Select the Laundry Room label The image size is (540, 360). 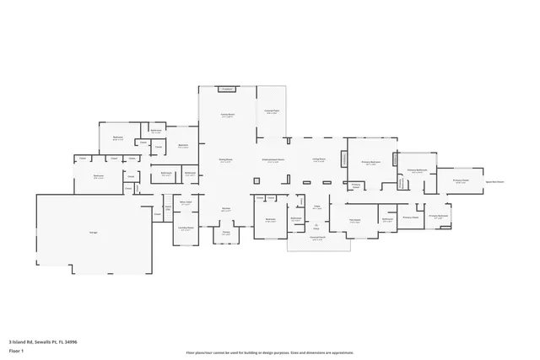pyautogui.click(x=186, y=228)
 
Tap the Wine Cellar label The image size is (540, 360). pyautogui.click(x=186, y=203)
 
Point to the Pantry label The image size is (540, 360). pyautogui.click(x=226, y=232)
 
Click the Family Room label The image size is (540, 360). pyautogui.click(x=227, y=116)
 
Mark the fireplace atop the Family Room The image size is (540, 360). pyautogui.click(x=227, y=89)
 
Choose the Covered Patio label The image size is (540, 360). pyautogui.click(x=271, y=111)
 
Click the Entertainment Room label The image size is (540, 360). pyautogui.click(x=273, y=160)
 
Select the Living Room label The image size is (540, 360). pyautogui.click(x=319, y=159)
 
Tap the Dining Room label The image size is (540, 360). pyautogui.click(x=226, y=159)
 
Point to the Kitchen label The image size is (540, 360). pyautogui.click(x=226, y=210)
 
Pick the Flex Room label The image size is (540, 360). pyautogui.click(x=355, y=221)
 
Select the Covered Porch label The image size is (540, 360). pyautogui.click(x=316, y=239)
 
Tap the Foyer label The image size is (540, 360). pyautogui.click(x=316, y=207)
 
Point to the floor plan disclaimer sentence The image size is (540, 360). pyautogui.click(x=269, y=352)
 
